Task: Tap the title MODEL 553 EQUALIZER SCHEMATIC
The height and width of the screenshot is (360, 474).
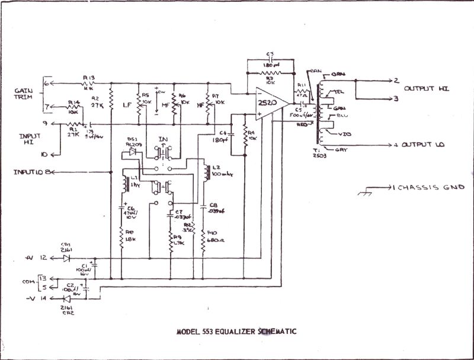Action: [236, 332]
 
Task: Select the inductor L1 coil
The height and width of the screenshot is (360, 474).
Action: [125, 184]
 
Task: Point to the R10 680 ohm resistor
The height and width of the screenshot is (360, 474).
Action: [204, 237]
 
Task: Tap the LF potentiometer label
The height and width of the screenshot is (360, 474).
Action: [126, 104]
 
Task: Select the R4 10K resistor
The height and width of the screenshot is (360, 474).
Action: [244, 139]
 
